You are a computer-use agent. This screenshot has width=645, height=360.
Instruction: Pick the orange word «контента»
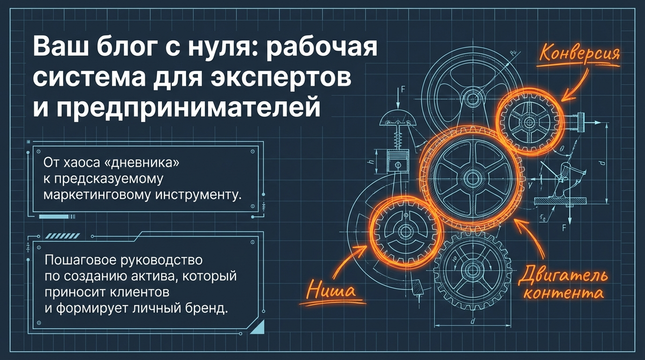click(x=563, y=294)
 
